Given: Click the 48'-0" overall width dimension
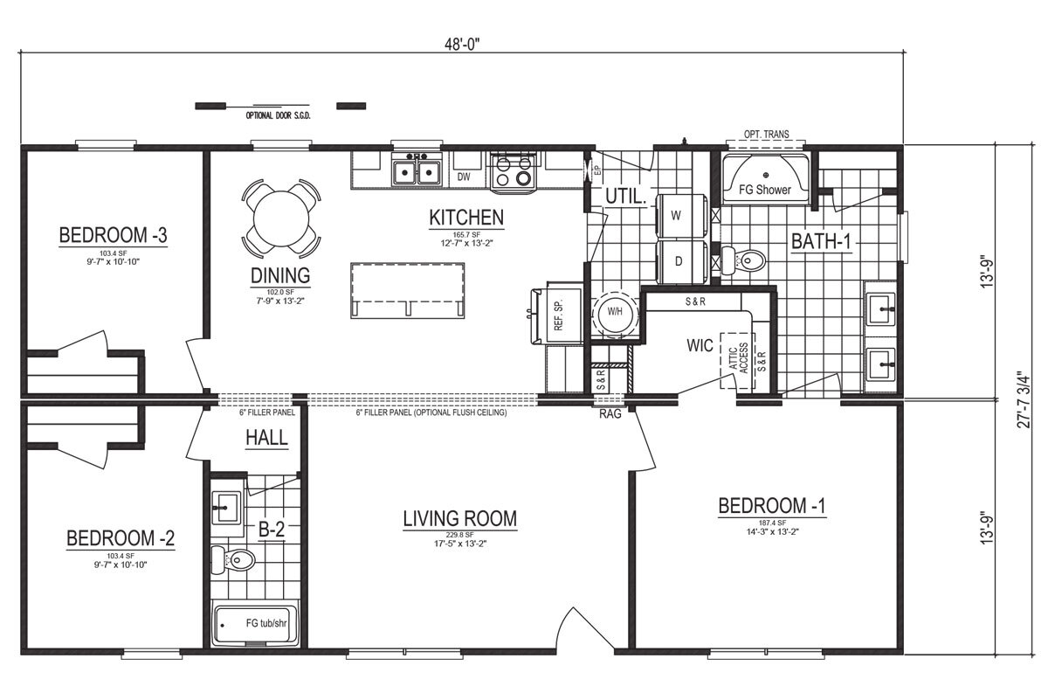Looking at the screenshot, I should [463, 48].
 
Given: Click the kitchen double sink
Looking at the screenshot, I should [417, 171].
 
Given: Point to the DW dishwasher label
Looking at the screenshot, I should [465, 177].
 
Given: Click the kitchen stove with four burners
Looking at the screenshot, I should [513, 171].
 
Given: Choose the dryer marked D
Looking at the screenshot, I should [676, 261].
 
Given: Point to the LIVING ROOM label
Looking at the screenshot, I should [459, 519].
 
